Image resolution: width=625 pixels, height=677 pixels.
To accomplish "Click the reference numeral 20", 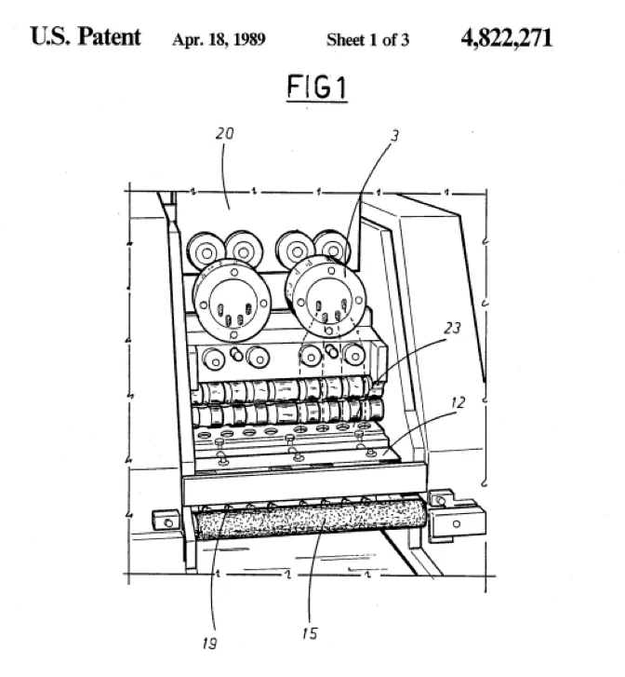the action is (225, 133).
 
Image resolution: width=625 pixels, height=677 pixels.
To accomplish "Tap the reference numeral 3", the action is (395, 136).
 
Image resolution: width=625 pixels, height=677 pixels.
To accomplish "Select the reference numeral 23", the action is (452, 329).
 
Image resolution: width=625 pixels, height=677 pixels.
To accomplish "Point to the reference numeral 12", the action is (458, 403).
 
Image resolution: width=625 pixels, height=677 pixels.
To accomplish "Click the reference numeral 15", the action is (310, 633).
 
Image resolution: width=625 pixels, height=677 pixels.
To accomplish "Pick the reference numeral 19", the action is (209, 643).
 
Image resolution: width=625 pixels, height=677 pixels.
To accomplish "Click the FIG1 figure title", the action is (317, 87).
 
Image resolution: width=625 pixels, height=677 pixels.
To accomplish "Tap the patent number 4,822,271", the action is (506, 38).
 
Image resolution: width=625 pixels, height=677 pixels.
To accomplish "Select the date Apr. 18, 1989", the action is (219, 40).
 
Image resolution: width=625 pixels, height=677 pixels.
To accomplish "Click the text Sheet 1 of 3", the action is (367, 40).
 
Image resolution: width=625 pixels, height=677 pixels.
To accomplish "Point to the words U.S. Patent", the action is (86, 36).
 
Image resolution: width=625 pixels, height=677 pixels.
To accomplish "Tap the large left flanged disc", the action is (232, 301).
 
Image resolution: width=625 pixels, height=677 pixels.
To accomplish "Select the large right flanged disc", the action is (326, 297).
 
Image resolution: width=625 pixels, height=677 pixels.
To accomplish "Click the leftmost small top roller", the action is (206, 252).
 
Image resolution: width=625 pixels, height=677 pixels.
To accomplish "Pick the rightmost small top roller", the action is (332, 249).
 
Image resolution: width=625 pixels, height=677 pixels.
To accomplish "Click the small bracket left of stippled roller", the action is (166, 521).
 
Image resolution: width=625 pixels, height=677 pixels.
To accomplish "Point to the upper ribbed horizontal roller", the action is (285, 390).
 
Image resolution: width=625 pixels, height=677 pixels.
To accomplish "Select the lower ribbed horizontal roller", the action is (286, 413).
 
